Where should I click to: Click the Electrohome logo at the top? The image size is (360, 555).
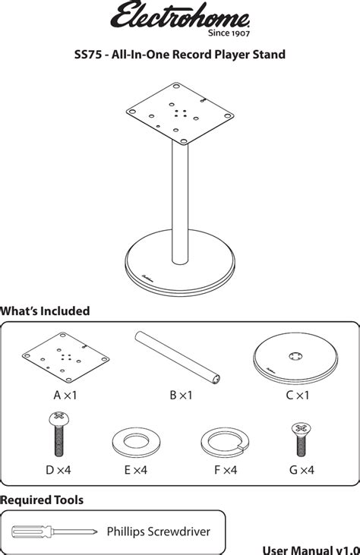click(x=180, y=15)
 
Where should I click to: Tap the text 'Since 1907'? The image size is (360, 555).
click(x=229, y=33)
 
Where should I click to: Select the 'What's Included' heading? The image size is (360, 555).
click(x=45, y=311)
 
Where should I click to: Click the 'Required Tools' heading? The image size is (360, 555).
click(x=42, y=500)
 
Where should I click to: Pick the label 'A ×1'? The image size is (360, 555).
click(x=65, y=395)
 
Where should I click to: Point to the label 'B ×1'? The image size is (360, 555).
click(x=181, y=395)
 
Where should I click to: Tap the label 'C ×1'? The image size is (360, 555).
click(x=298, y=395)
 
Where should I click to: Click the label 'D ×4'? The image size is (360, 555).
click(x=58, y=470)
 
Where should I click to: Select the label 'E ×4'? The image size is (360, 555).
click(x=136, y=470)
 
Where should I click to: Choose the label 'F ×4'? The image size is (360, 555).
click(x=226, y=470)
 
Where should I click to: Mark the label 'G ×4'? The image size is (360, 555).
click(x=302, y=470)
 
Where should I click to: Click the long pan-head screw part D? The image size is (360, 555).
click(x=59, y=434)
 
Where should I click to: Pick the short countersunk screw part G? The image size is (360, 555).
click(x=302, y=439)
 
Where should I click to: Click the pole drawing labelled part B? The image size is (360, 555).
click(x=178, y=358)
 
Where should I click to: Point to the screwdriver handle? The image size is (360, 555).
click(x=31, y=531)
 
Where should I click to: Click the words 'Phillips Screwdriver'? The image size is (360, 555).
click(x=158, y=531)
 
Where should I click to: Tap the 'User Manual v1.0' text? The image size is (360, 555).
click(x=311, y=550)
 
